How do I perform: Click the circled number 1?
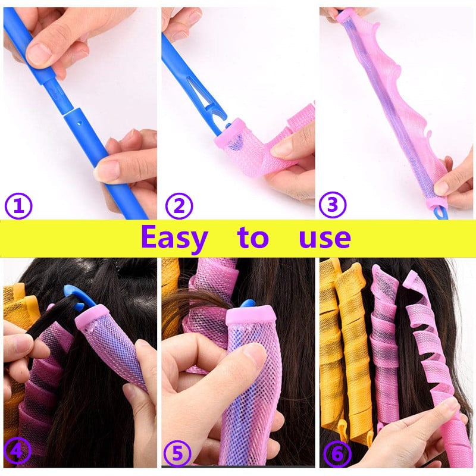tap(19, 206)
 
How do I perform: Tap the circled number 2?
tap(179, 206)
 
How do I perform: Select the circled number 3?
tap(333, 205)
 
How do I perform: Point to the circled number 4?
tap(17, 453)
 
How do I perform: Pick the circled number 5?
tap(177, 454)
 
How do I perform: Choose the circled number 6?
tap(337, 454)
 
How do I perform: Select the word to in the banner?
tap(253, 237)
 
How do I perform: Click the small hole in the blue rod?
tap(80, 123)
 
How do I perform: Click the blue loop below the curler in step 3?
tap(440, 213)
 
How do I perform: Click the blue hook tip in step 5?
tap(248, 303)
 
